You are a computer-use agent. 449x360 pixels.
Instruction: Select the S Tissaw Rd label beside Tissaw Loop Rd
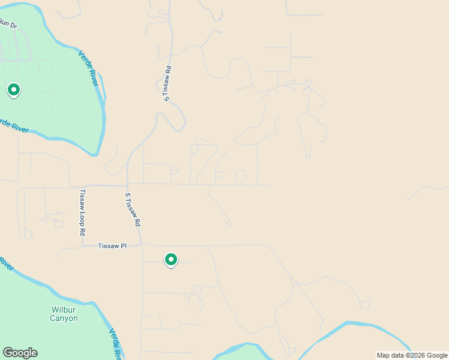coord(133,209)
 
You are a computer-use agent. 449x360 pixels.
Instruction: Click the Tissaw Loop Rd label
coord(83,212)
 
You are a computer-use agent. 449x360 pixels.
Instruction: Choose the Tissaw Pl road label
coord(113,246)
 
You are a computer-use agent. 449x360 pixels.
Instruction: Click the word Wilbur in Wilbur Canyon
coord(64,310)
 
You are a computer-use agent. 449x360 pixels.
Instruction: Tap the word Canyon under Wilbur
coord(64,319)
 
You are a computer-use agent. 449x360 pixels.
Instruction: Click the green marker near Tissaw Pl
coord(171,260)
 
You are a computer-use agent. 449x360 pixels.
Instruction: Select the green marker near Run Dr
coord(13,90)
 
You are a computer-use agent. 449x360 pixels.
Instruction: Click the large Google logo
coord(20,353)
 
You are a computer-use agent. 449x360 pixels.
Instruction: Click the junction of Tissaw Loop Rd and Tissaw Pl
coord(82,246)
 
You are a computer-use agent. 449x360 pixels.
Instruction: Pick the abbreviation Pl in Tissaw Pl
coord(124,246)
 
